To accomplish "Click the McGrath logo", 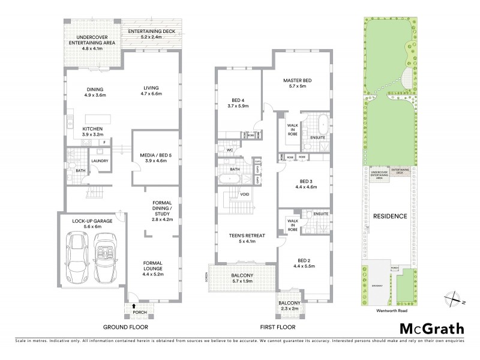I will pos(431,328).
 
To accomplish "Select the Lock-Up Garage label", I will pos(89,221).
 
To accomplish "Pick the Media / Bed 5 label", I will pos(155,153).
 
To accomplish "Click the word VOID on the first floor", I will pos(244,194).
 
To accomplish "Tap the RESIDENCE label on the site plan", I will pos(391,216).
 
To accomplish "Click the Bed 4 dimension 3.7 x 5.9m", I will pos(238,106).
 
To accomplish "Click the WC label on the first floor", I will pos(229,150).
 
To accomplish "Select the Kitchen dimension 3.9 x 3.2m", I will pos(93,135).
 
